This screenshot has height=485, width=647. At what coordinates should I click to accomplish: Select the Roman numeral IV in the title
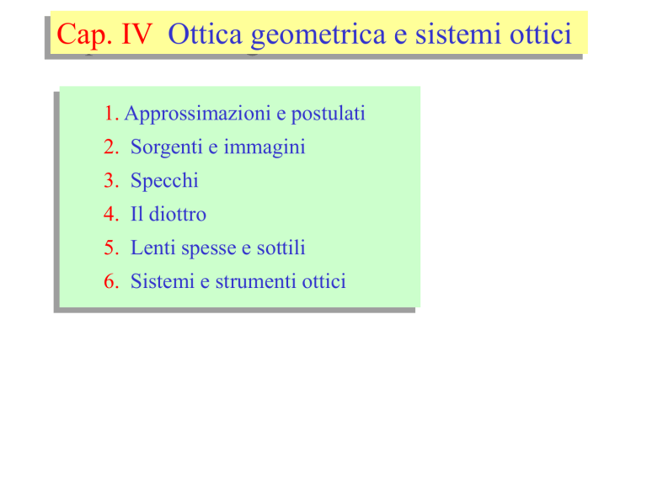[137, 34]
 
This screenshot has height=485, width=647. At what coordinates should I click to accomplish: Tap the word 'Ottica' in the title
[205, 34]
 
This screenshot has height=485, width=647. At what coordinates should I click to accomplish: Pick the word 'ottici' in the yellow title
[541, 34]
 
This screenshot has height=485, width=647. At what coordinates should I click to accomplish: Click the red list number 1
[111, 114]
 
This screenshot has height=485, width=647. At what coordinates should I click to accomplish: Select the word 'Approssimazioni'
[197, 115]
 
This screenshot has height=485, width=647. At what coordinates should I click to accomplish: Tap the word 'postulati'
[329, 115]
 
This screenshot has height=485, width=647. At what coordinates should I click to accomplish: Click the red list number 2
[111, 147]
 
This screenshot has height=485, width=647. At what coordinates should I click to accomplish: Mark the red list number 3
[111, 181]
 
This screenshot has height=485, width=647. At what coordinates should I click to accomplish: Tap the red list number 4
[111, 214]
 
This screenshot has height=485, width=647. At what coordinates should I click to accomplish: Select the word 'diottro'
[178, 214]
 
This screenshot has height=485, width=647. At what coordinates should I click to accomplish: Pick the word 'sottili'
[281, 248]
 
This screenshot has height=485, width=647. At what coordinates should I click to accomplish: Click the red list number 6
[111, 281]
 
